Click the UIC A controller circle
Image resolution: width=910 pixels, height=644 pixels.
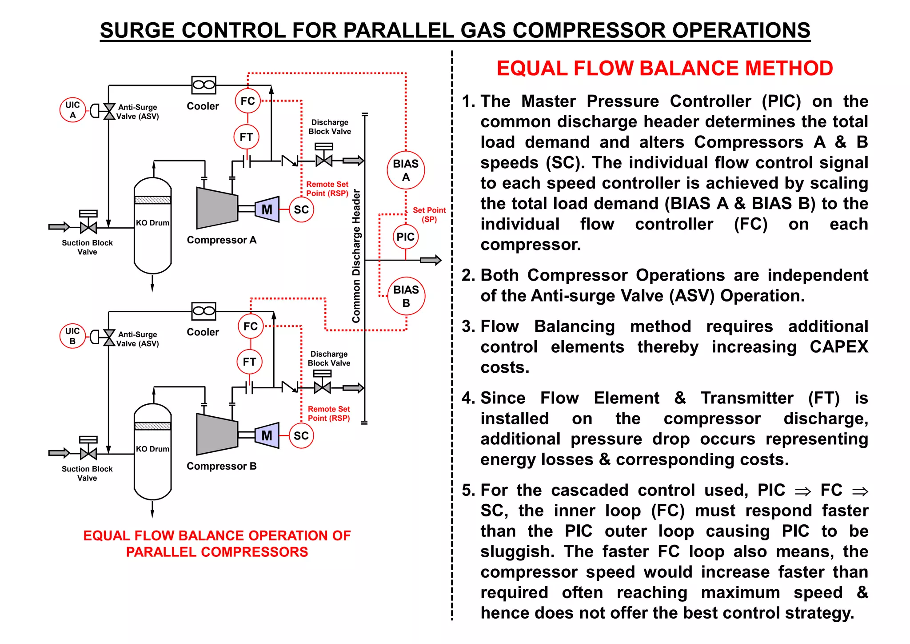coord(72,110)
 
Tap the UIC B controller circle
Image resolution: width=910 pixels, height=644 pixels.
coord(72,336)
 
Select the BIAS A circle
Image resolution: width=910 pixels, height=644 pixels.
coord(406,170)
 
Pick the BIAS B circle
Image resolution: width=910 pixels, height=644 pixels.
coord(406,296)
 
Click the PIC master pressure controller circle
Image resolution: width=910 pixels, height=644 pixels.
coord(405,237)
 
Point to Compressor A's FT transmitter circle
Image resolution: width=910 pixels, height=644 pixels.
coord(246,137)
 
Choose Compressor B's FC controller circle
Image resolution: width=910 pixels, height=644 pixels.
coord(251,326)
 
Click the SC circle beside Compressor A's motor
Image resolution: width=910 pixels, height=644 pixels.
coord(301,209)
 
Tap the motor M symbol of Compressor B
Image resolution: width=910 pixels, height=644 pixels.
coord(267,435)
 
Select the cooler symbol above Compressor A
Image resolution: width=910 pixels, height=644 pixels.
coord(204,85)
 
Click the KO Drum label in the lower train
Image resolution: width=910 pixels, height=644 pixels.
coord(152,449)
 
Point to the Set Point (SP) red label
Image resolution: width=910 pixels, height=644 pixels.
coord(429,214)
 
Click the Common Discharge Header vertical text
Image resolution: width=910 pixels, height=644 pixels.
coord(356,256)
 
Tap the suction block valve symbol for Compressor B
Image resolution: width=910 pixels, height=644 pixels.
coord(88,453)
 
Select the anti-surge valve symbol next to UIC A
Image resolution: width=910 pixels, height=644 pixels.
coord(109,111)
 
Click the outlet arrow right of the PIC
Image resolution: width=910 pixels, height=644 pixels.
coord(431,260)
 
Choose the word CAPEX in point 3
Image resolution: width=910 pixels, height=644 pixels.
coord(838,347)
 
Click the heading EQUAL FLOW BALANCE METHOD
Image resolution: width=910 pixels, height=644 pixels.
coord(664,68)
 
